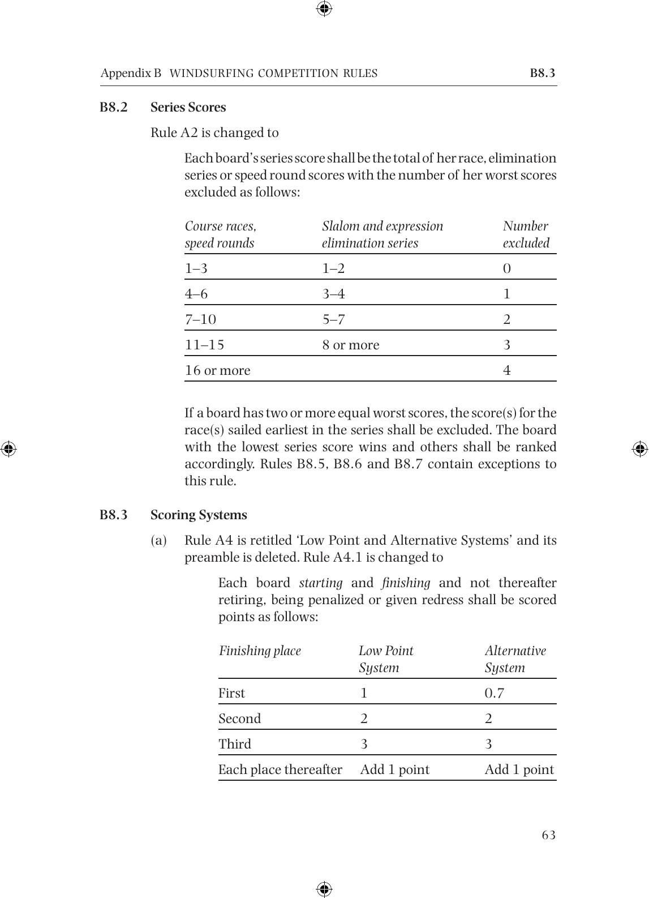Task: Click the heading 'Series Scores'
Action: click(x=188, y=108)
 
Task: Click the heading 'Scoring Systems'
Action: click(x=199, y=515)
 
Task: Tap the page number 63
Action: click(x=548, y=835)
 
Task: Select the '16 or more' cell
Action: click(x=217, y=370)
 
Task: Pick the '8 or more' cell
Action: click(x=351, y=345)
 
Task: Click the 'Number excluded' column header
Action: click(x=526, y=234)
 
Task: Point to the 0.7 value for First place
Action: click(x=494, y=693)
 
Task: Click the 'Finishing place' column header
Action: click(x=260, y=651)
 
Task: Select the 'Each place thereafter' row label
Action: click(x=280, y=769)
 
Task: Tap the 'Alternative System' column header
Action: click(x=515, y=659)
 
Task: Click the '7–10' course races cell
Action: click(x=200, y=319)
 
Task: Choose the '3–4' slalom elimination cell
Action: click(x=333, y=294)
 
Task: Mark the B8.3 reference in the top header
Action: click(x=542, y=73)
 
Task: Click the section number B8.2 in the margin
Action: click(x=114, y=108)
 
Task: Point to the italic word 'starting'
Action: click(x=320, y=583)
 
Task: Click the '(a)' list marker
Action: click(x=158, y=541)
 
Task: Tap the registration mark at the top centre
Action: click(x=324, y=8)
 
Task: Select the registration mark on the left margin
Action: click(x=8, y=449)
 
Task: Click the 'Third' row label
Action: click(x=235, y=744)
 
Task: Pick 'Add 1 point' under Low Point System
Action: click(x=394, y=769)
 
